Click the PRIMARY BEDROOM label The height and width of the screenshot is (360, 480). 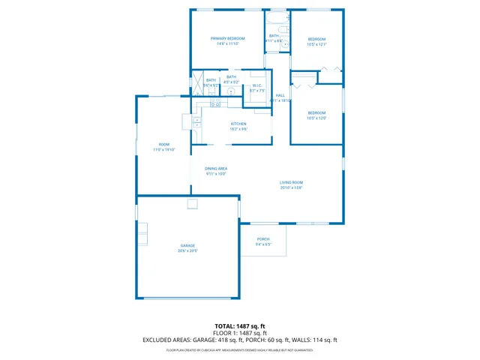click(227, 38)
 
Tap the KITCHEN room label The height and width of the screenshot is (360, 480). click(238, 124)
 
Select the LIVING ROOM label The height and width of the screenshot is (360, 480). click(291, 182)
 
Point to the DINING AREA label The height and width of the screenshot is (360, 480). click(216, 168)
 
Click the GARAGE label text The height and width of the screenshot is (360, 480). click(187, 246)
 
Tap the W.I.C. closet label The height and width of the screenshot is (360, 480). click(256, 85)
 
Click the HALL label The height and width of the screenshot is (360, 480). click(280, 95)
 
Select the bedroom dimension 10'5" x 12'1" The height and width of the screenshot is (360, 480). click(317, 44)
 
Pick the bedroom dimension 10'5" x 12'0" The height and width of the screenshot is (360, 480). click(316, 118)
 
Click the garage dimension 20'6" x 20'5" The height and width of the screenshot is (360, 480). click(187, 251)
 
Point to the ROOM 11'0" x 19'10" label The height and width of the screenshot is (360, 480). click(163, 147)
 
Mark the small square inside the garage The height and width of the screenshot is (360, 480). click(193, 203)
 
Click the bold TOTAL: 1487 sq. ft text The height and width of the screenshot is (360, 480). click(240, 326)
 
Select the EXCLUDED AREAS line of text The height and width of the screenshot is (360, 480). click(240, 340)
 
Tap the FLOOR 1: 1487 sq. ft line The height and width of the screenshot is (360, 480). click(240, 333)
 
